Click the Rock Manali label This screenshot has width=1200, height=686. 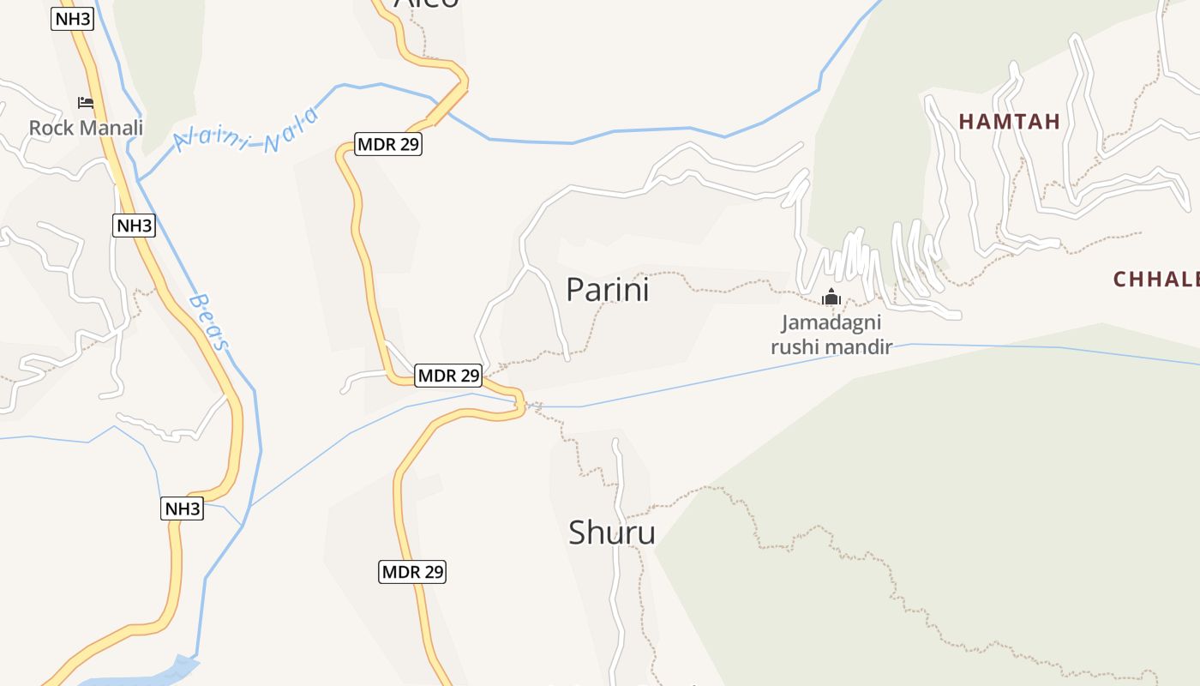click(86, 128)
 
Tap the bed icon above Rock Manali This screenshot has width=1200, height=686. click(86, 103)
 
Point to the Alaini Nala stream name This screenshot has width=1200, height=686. click(247, 131)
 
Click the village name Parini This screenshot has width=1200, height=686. click(608, 290)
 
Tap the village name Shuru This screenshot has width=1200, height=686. click(612, 533)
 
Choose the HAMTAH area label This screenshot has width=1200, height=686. click(1009, 122)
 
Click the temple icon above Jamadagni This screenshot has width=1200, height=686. click(831, 298)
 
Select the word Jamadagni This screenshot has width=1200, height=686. click(831, 323)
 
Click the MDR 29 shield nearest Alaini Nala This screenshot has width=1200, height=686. click(388, 144)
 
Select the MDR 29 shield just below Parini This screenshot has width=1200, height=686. click(448, 375)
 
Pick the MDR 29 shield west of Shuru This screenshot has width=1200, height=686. click(412, 571)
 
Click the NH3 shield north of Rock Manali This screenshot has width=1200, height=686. click(72, 19)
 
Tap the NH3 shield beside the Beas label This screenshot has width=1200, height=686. click(135, 226)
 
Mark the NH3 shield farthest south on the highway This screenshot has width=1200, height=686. click(182, 508)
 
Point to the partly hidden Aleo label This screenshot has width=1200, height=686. click(426, 3)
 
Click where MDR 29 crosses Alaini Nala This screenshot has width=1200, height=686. click(446, 109)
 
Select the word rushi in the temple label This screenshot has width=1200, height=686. click(796, 346)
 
